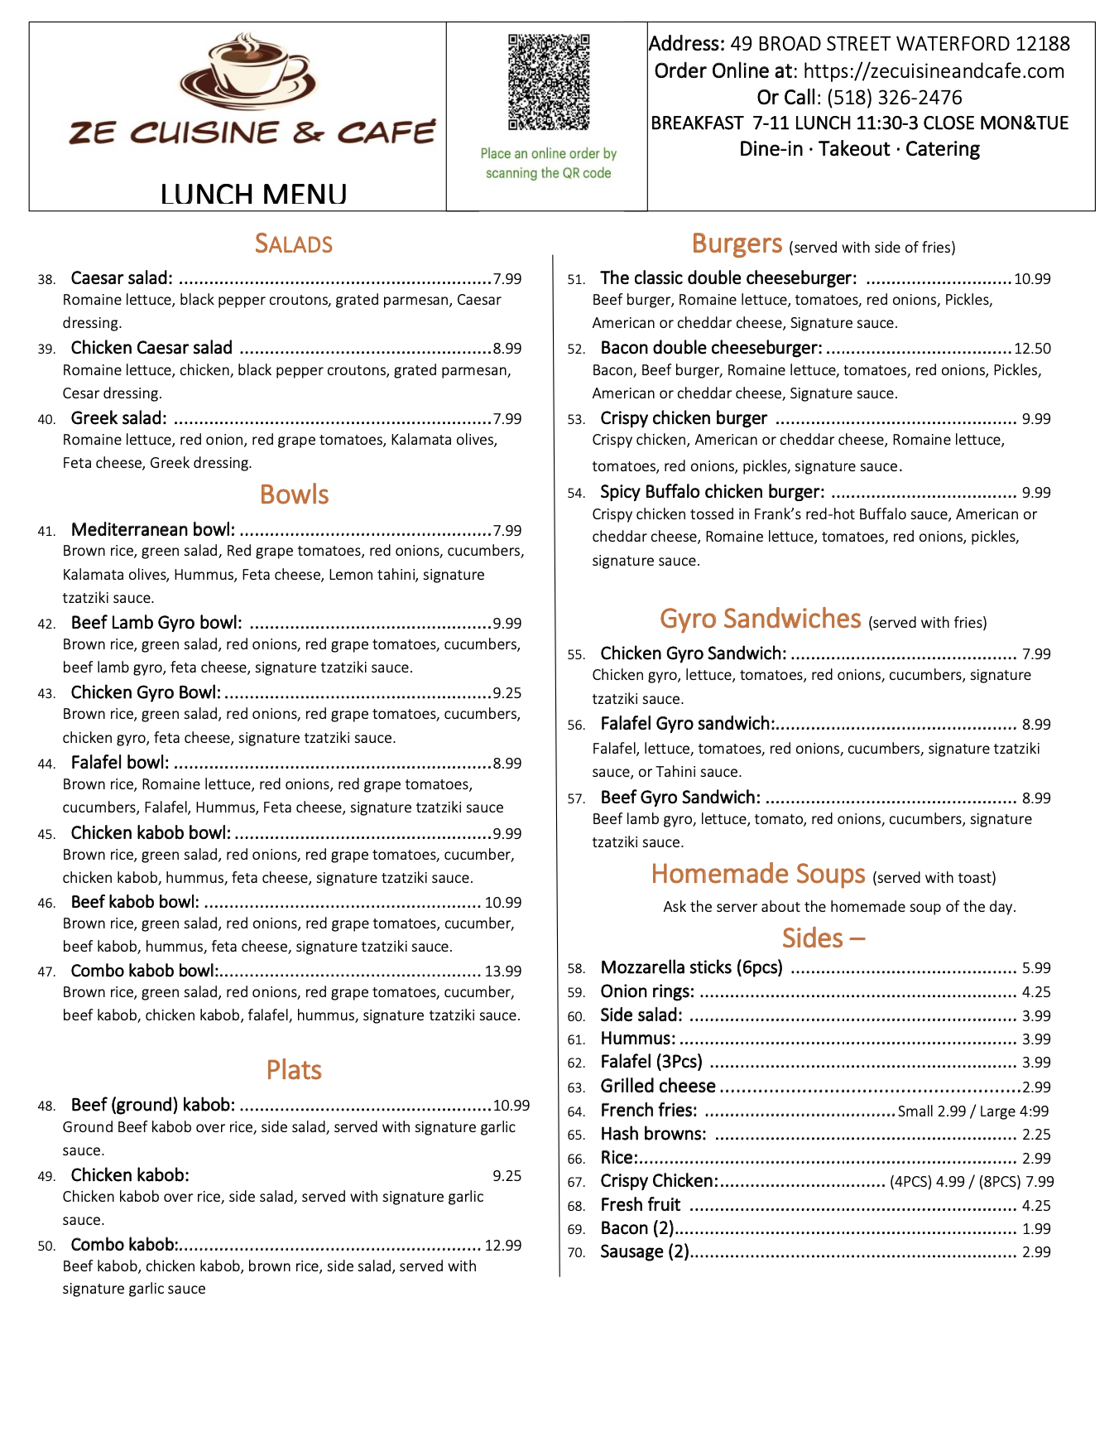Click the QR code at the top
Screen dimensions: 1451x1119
548,81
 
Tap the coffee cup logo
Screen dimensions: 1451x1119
247,73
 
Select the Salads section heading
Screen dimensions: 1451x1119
293,244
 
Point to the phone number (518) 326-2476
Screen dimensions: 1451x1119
894,98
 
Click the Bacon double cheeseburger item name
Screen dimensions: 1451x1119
711,348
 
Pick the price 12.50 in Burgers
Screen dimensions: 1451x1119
1032,349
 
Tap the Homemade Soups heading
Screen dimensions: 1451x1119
757,875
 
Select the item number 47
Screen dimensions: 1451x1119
46,972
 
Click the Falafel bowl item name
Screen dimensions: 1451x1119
120,763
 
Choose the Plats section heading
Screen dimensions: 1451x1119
294,1070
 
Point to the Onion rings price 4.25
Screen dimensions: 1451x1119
1036,992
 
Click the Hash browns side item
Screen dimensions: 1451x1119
653,1134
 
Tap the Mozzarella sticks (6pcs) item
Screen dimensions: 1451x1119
691,967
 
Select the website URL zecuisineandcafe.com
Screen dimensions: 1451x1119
934,71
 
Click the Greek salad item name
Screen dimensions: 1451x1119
118,418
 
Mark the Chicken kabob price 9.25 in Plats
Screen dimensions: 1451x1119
507,1176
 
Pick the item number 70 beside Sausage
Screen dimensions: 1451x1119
576,1253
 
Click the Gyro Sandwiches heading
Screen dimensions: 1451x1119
760,619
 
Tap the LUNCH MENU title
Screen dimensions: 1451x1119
253,195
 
